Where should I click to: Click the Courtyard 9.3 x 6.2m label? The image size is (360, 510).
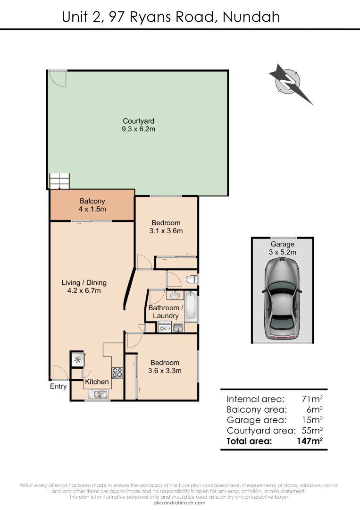pyautogui.click(x=139, y=125)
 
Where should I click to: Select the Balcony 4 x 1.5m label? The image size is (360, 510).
pyautogui.click(x=92, y=205)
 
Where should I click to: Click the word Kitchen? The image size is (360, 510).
pyautogui.click(x=97, y=382)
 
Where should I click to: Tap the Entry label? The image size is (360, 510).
pyautogui.click(x=59, y=386)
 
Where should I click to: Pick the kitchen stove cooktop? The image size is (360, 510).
pyautogui.click(x=117, y=373)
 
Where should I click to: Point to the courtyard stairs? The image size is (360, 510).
pyautogui.click(x=59, y=181)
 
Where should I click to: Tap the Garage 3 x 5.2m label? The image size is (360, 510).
pyautogui.click(x=283, y=248)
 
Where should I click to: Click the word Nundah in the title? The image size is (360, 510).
pyautogui.click(x=251, y=17)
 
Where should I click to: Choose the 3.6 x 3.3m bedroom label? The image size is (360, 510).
pyautogui.click(x=165, y=366)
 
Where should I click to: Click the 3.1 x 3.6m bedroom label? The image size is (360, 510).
pyautogui.click(x=166, y=227)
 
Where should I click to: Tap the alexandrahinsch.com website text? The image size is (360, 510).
pyautogui.click(x=180, y=502)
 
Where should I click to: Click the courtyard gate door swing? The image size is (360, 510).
pyautogui.click(x=58, y=78)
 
